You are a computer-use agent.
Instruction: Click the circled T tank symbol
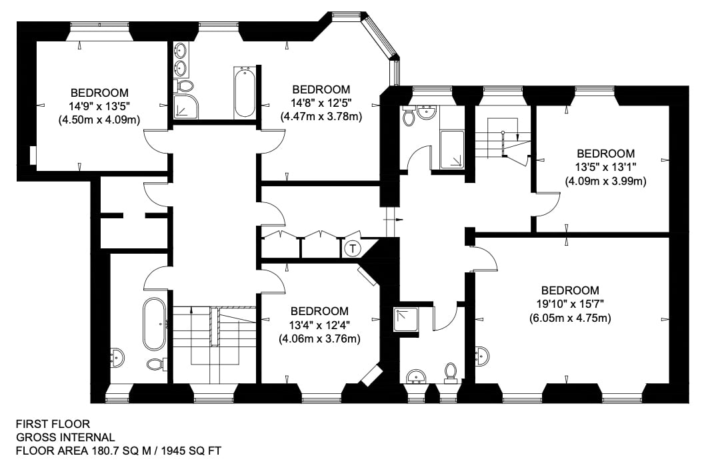click(x=353, y=249)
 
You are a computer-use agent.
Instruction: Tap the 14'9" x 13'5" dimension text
click(x=99, y=106)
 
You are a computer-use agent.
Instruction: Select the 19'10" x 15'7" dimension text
click(x=570, y=304)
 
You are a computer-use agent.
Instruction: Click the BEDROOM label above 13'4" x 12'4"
click(x=319, y=311)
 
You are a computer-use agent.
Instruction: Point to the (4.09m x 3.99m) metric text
click(x=605, y=181)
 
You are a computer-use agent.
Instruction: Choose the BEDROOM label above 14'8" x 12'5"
click(x=321, y=89)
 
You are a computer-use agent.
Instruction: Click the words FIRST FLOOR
click(x=53, y=424)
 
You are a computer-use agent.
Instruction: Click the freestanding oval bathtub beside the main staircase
click(x=154, y=324)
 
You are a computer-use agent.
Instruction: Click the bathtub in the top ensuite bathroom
click(x=244, y=92)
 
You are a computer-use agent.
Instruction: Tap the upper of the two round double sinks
click(x=181, y=49)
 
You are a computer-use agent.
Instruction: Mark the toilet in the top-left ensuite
click(x=184, y=85)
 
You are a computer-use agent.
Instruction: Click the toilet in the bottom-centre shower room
click(x=451, y=373)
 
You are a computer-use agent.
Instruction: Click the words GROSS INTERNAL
click(x=65, y=437)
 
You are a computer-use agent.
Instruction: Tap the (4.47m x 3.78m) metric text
click(x=321, y=117)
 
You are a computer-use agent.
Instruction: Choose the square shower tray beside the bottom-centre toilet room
click(x=406, y=320)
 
